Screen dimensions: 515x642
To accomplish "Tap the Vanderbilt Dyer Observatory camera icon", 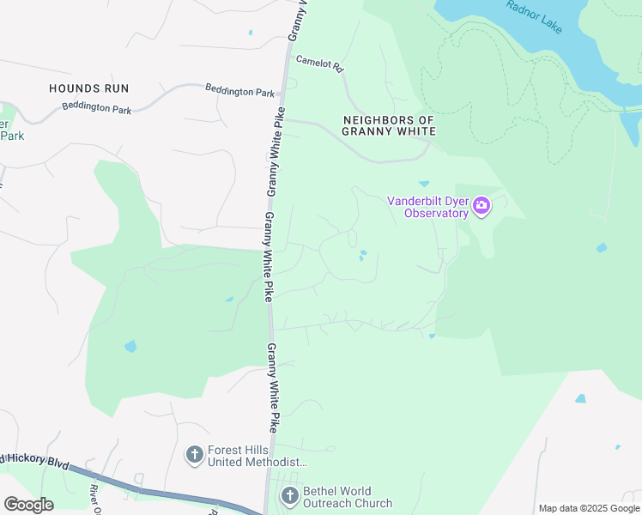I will coord(481,205).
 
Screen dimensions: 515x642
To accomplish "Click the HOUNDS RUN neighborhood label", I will coord(88,88).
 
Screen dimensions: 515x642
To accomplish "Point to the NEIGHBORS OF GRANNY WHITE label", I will coord(389,126).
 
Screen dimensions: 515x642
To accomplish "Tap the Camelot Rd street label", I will coord(319,64).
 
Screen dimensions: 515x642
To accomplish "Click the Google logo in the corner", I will coord(28,505).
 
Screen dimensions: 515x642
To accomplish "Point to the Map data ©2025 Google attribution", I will coord(589,508).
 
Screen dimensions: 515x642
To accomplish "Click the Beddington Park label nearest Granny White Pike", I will coord(239,90).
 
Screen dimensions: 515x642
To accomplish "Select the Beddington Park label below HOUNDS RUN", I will coord(97,109).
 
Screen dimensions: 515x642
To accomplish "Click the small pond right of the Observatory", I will coord(602,248).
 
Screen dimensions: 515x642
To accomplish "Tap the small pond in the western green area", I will coord(130,347).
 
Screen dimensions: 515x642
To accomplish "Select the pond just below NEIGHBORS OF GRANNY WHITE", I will coord(423,183).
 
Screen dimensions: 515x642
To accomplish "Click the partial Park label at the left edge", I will coord(11,136).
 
